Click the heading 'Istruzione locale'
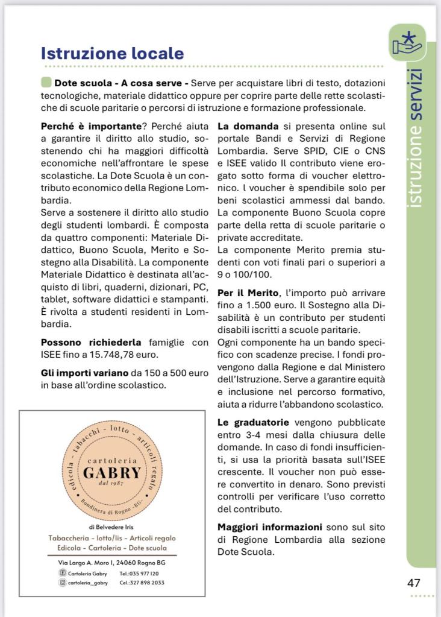tap(112, 53)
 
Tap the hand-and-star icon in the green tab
tap(407, 43)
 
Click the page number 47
tap(413, 583)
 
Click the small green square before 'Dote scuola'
tap(46, 83)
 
